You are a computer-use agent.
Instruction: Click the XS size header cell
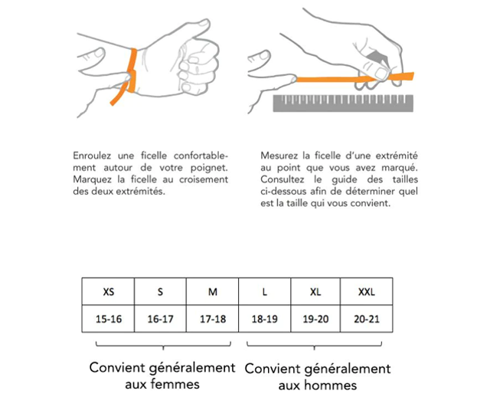pyautogui.click(x=109, y=291)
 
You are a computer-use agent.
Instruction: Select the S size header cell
pyautogui.click(x=160, y=291)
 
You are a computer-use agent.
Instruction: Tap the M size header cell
pyautogui.click(x=212, y=291)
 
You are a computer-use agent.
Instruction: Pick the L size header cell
pyautogui.click(x=264, y=291)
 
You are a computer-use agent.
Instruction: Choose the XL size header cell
pyautogui.click(x=315, y=291)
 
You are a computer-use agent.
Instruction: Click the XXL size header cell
pyautogui.click(x=367, y=291)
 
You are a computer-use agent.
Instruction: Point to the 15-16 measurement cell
pyautogui.click(x=109, y=319)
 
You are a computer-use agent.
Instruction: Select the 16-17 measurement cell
pyautogui.click(x=160, y=319)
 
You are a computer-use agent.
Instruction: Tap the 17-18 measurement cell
pyautogui.click(x=212, y=319)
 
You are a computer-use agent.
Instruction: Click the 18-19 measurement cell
pyautogui.click(x=264, y=319)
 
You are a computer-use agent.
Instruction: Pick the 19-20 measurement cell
pyautogui.click(x=315, y=319)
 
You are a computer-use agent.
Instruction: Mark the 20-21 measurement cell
pyautogui.click(x=367, y=319)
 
